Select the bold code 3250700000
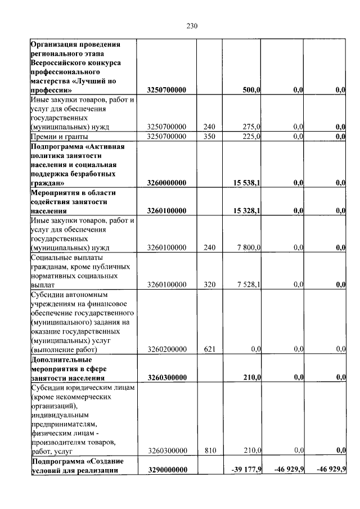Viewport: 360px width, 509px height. pyautogui.click(x=166, y=90)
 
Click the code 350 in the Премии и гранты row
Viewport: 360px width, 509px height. pyautogui.click(x=210, y=136)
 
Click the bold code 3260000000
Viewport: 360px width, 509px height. pyautogui.click(x=166, y=183)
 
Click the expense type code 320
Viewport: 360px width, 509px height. pyautogui.click(x=210, y=285)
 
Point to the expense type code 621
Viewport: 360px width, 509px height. pyautogui.click(x=210, y=349)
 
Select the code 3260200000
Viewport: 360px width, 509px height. pyautogui.click(x=166, y=349)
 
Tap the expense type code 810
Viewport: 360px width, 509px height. pyautogui.click(x=210, y=451)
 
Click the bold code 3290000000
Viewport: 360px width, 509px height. pyautogui.click(x=166, y=470)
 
